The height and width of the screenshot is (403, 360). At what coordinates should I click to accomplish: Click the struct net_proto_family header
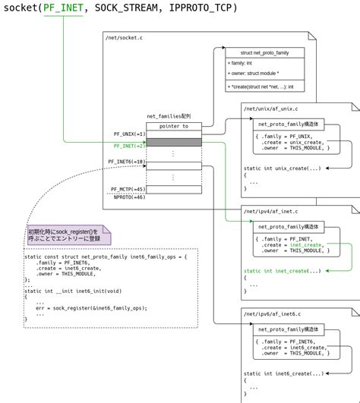[x=264, y=52]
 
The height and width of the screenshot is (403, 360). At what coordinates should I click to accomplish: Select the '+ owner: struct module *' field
[x=253, y=74]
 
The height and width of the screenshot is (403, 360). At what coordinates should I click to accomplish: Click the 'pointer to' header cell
[x=174, y=126]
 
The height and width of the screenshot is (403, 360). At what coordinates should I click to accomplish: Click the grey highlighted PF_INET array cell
[x=174, y=143]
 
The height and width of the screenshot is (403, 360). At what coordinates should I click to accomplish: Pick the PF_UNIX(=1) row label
[x=130, y=134]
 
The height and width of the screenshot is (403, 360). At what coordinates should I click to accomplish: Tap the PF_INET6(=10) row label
[x=127, y=162]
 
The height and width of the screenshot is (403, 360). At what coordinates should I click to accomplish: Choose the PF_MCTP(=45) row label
[x=128, y=189]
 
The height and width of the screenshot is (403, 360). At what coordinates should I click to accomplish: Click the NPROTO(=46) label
[x=129, y=197]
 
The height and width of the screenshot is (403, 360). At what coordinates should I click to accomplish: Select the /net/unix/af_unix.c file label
[x=271, y=109]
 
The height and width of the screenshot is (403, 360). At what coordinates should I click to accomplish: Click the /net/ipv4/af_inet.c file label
[x=271, y=211]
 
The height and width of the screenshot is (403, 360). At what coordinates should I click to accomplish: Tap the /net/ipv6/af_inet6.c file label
[x=273, y=313]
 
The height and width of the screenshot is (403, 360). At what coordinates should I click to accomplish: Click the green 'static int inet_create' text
[x=282, y=271]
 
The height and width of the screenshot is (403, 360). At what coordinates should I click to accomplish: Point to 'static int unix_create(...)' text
[x=282, y=168]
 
